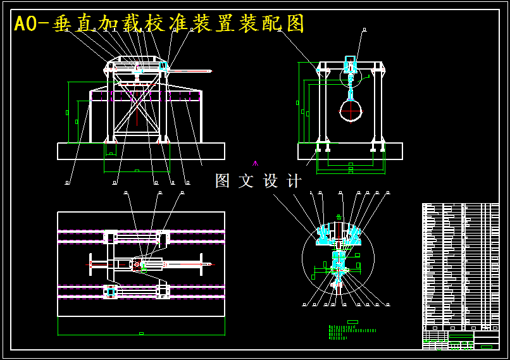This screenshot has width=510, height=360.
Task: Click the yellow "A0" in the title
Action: point(26,24)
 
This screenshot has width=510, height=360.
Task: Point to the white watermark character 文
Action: point(246,181)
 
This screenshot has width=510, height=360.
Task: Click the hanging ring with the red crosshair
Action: point(351,110)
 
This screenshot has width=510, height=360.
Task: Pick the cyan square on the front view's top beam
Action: point(163,66)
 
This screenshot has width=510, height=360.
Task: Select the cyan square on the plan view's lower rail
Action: point(111,291)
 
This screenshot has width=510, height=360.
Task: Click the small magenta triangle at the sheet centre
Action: point(255,163)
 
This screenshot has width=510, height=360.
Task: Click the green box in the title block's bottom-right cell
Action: point(486,346)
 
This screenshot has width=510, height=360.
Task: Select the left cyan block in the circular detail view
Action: point(325,235)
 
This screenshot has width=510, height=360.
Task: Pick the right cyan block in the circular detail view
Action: point(353,235)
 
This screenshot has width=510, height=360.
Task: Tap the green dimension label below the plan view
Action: point(141,333)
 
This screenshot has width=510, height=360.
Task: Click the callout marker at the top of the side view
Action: point(364,29)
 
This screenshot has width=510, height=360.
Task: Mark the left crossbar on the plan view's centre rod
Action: point(90,263)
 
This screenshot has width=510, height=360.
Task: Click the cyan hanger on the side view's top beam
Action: point(350,64)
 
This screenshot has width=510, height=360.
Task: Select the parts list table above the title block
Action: point(461,266)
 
